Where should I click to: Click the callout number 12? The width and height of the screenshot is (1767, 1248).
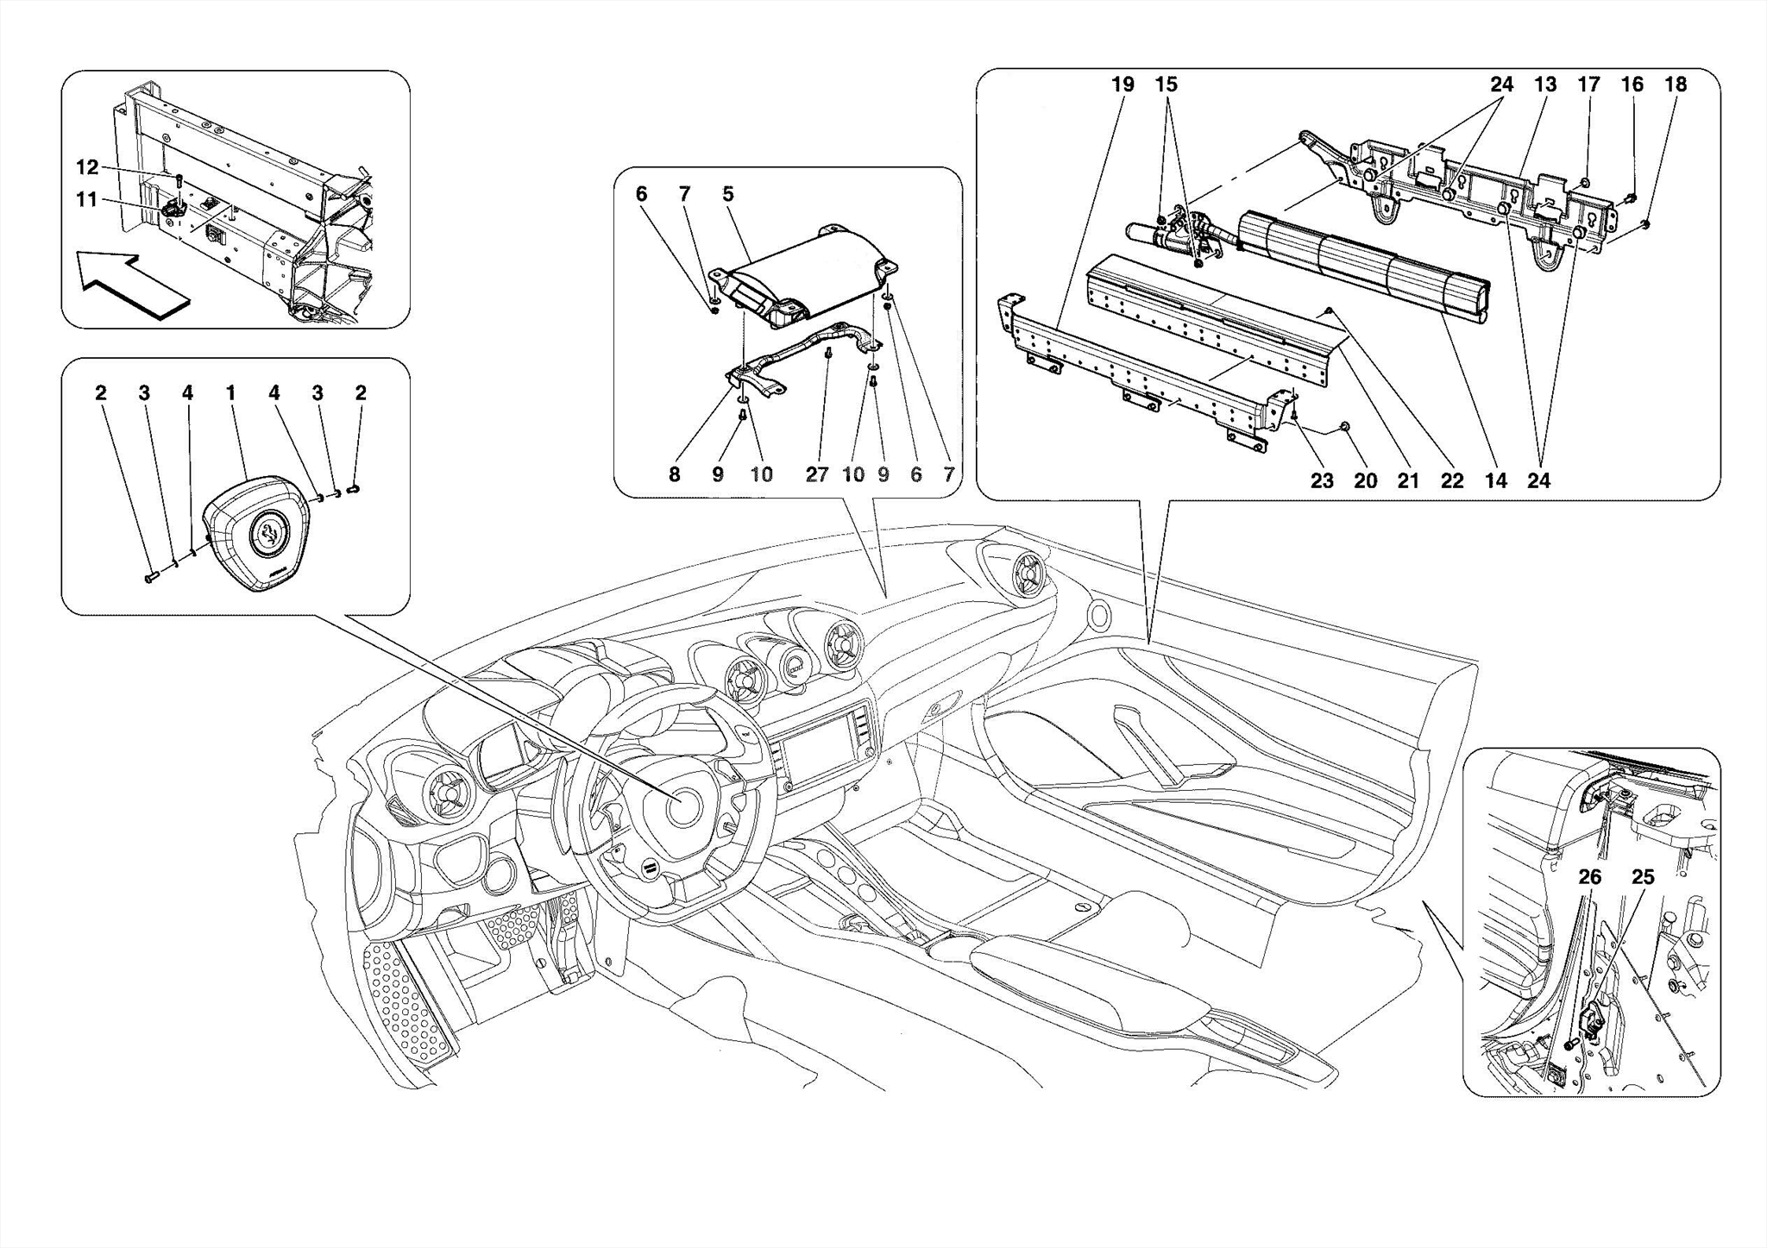click(x=87, y=167)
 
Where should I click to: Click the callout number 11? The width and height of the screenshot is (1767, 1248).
click(x=86, y=200)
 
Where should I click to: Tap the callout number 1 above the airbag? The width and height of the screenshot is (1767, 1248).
click(x=230, y=393)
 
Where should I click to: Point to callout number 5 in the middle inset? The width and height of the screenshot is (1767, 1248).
click(x=728, y=194)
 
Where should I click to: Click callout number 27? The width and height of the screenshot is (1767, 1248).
click(x=816, y=474)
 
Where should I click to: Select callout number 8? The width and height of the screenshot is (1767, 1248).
click(x=674, y=474)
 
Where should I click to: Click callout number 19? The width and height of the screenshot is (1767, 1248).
click(x=1122, y=85)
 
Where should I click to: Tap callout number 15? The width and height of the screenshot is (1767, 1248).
click(x=1166, y=85)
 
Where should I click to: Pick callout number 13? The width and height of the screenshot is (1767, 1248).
click(x=1545, y=85)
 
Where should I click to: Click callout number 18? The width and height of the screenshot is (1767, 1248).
click(x=1675, y=85)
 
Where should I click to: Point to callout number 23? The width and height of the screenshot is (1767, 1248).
click(x=1322, y=480)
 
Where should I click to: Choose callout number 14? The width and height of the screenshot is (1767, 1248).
click(x=1495, y=480)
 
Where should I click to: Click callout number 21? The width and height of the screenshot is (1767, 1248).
click(x=1408, y=480)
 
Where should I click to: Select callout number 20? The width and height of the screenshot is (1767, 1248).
click(x=1365, y=480)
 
